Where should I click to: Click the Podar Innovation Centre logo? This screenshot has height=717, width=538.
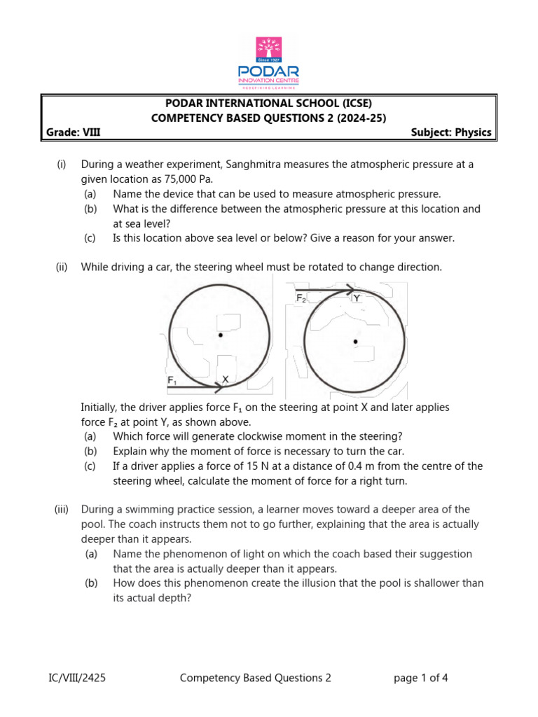coord(269,63)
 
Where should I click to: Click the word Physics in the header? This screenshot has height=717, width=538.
coord(474,132)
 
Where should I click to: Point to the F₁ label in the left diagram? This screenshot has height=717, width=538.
coord(172,380)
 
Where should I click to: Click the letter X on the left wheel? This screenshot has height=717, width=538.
coord(225,379)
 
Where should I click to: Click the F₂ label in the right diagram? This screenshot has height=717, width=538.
coord(301,298)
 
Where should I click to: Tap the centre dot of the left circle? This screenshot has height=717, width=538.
coord(221,335)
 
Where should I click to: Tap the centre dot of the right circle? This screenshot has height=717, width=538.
coord(355,342)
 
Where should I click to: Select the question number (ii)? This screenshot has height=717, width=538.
coord(62,267)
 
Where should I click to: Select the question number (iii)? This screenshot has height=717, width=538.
coord(62,509)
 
